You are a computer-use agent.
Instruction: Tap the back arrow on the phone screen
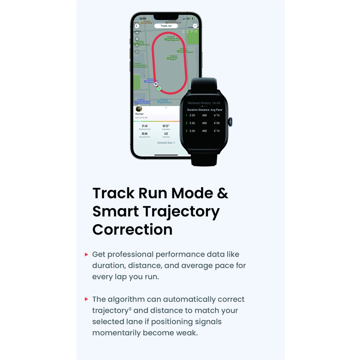(137, 26)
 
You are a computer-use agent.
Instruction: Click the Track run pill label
(166, 26)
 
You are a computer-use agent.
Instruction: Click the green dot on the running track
(159, 89)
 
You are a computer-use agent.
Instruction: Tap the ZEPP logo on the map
(190, 32)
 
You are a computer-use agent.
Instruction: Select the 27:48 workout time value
(144, 126)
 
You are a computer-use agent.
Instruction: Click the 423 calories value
(166, 134)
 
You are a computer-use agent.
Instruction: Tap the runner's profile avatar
(139, 109)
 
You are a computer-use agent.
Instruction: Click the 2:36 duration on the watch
(192, 123)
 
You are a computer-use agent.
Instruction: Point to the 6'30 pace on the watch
(217, 123)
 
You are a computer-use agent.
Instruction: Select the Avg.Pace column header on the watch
(216, 110)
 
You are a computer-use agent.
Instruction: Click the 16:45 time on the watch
(216, 103)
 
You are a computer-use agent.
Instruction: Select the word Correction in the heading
(132, 230)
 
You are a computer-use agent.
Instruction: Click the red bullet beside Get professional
(86, 254)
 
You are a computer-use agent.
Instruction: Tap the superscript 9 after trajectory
(130, 309)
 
